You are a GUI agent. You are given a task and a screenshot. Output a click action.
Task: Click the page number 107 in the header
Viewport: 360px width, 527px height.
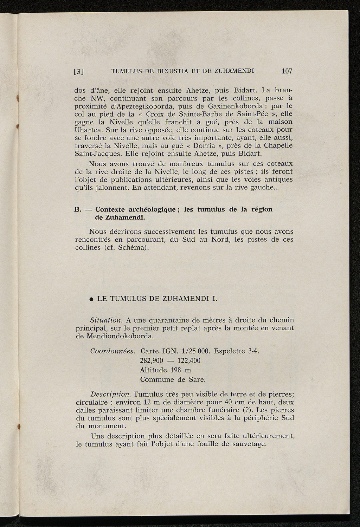pyautogui.click(x=287, y=71)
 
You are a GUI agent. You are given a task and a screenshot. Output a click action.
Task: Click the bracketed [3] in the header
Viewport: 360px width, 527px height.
pyautogui.click(x=79, y=72)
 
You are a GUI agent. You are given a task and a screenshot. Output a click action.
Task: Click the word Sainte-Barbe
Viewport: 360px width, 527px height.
pyautogui.click(x=198, y=114)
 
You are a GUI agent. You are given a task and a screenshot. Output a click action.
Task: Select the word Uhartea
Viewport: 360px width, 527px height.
pyautogui.click(x=87, y=130)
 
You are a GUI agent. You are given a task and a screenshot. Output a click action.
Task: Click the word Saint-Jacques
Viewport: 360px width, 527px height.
pyautogui.click(x=95, y=154)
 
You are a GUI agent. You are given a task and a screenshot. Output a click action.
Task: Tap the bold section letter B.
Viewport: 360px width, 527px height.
pyautogui.click(x=78, y=210)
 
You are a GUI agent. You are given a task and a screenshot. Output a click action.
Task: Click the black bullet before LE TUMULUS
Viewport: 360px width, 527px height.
pyautogui.click(x=91, y=300)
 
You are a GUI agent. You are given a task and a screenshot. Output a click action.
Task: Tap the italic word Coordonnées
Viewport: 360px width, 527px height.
pyautogui.click(x=113, y=351)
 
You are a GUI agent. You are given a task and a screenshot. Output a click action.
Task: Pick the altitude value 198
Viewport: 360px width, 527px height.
pyautogui.click(x=176, y=370)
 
